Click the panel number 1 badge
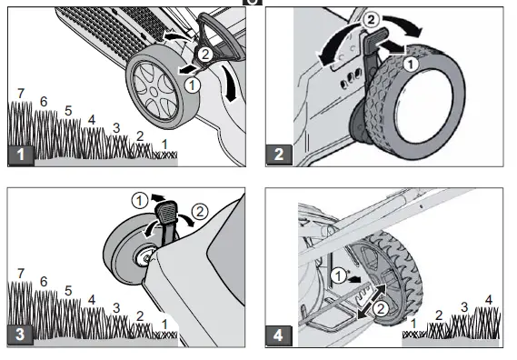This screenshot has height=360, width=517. pyautogui.click(x=21, y=155)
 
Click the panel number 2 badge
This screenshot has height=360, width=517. pyautogui.click(x=279, y=155)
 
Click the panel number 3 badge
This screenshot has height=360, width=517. pyautogui.click(x=20, y=335)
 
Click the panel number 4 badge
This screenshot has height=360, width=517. pyautogui.click(x=279, y=335)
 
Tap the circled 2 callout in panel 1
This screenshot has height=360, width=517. pyautogui.click(x=204, y=54)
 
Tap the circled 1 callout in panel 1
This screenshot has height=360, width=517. pyautogui.click(x=192, y=85)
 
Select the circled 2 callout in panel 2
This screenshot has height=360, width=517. pyautogui.click(x=371, y=20)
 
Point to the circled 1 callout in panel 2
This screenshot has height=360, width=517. pyautogui.click(x=411, y=64)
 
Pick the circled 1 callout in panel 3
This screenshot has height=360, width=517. pyautogui.click(x=139, y=201)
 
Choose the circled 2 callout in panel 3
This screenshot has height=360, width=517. pyautogui.click(x=200, y=212)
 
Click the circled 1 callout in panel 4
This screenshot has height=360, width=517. pyautogui.click(x=339, y=275)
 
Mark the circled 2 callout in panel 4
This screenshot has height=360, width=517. pyautogui.click(x=381, y=309)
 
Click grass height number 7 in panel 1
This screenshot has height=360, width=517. pyautogui.click(x=21, y=94)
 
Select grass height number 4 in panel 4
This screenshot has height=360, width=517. pyautogui.click(x=489, y=300)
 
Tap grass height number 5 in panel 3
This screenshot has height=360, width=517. pyautogui.click(x=68, y=291)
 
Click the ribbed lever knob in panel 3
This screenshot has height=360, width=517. pyautogui.click(x=166, y=212)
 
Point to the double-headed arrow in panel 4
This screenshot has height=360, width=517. pyautogui.click(x=372, y=302)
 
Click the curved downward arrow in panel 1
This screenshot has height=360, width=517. pyautogui.click(x=230, y=83)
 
